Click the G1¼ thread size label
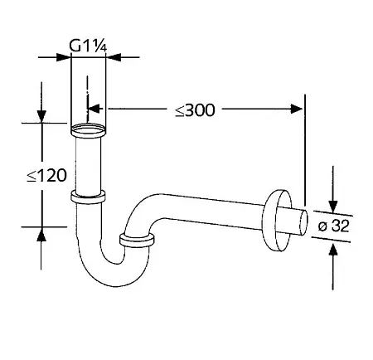click(x=88, y=46)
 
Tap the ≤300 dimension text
click(x=195, y=110)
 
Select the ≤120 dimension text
click(x=46, y=175)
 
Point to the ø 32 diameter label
click(x=333, y=226)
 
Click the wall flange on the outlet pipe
click(x=277, y=221)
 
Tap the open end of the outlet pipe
click(x=304, y=223)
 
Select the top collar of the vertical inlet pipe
click(x=88, y=131)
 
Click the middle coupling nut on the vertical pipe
click(x=88, y=197)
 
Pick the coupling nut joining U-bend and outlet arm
click(x=137, y=240)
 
